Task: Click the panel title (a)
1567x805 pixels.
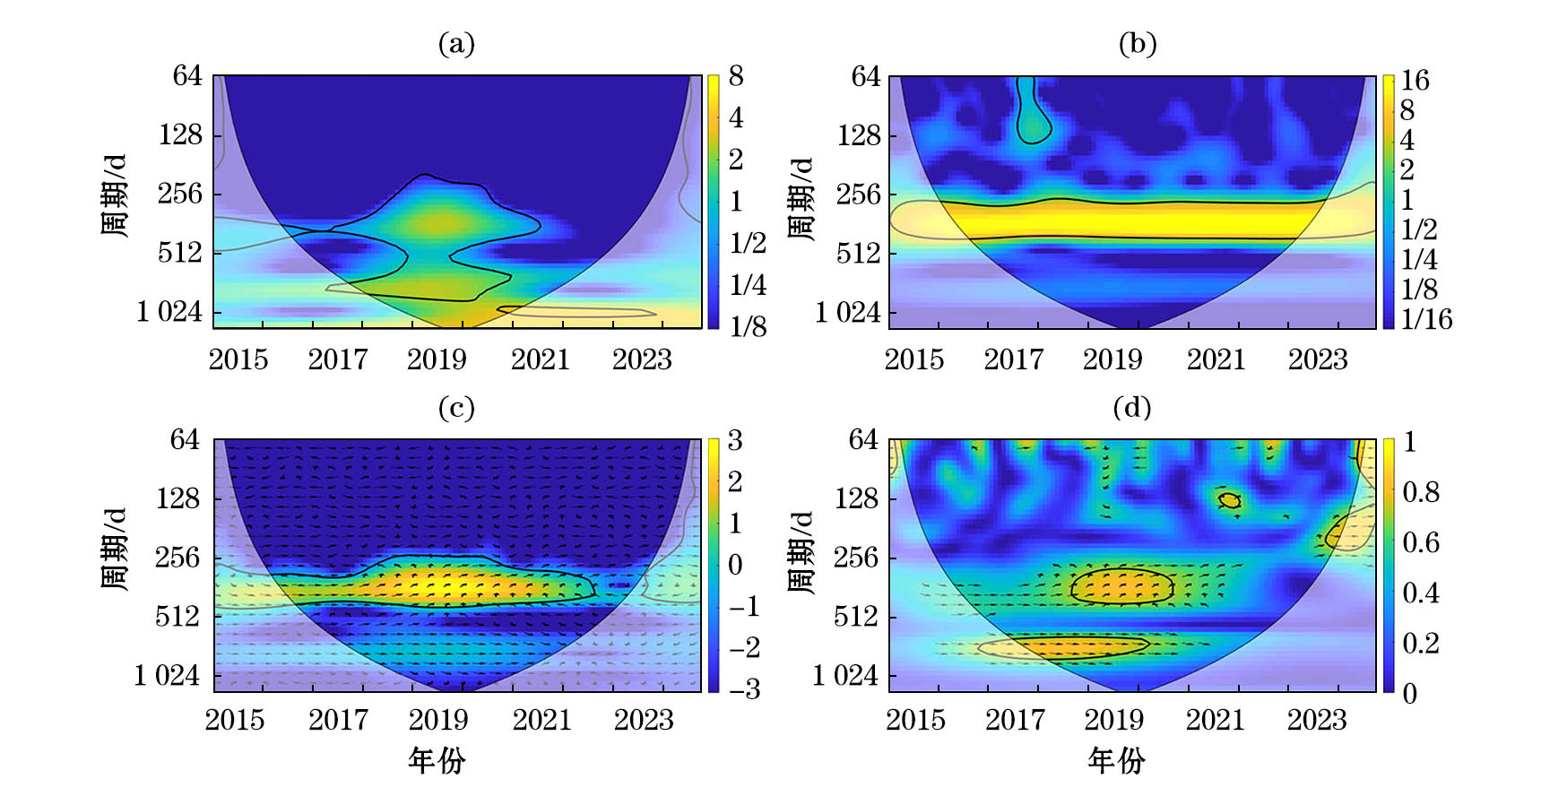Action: [456, 43]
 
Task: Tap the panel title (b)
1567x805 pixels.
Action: [1138, 43]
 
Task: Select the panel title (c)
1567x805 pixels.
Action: [456, 408]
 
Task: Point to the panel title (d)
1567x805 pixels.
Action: [1132, 408]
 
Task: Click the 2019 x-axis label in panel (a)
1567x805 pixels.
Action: [437, 359]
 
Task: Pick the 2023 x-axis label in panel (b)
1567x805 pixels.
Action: [1318, 359]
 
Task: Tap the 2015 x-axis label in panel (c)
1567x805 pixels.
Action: [235, 720]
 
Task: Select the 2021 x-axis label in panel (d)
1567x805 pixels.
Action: [1216, 720]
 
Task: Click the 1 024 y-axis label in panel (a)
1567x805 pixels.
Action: [170, 312]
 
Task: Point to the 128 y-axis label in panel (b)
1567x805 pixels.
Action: [860, 135]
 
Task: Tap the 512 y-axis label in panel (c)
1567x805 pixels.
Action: [177, 617]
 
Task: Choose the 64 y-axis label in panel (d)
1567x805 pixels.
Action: [864, 439]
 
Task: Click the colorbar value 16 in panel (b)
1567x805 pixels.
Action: [1415, 81]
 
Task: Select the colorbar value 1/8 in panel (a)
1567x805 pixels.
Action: [749, 326]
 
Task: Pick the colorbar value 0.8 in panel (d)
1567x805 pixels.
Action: [1421, 492]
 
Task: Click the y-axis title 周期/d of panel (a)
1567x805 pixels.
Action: [114, 195]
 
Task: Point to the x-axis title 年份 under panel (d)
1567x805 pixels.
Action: [1116, 761]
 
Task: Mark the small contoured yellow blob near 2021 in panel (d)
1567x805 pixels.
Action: [1230, 500]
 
